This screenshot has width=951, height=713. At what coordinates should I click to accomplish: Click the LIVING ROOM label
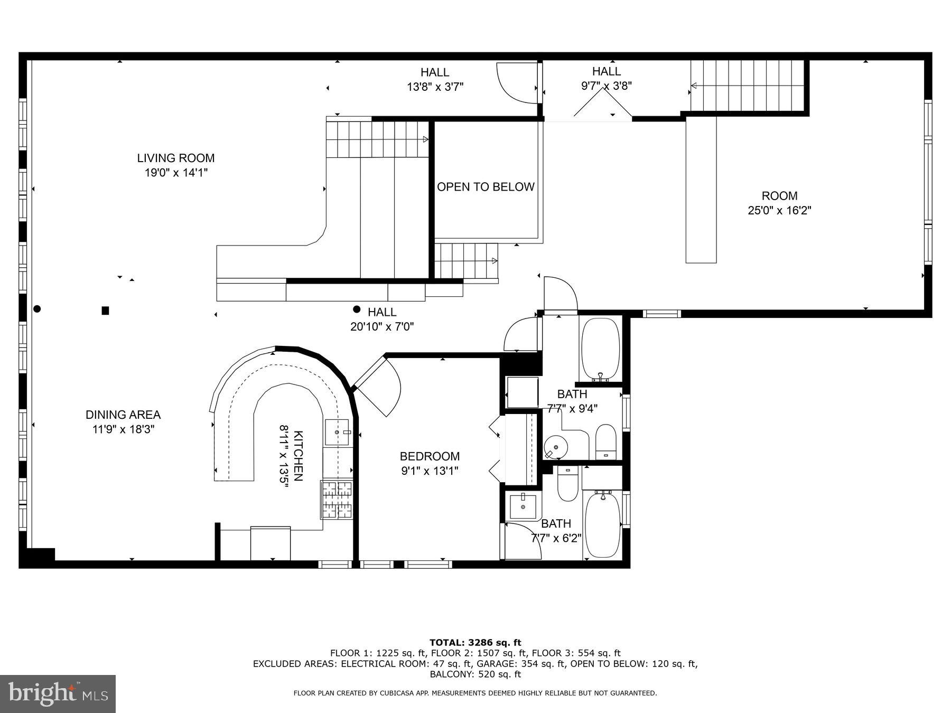(x=175, y=158)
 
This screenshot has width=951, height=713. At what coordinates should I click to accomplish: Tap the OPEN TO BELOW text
(x=485, y=187)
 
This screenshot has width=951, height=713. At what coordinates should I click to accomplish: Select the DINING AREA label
(x=123, y=415)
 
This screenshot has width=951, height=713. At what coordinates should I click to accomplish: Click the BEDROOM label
(x=429, y=456)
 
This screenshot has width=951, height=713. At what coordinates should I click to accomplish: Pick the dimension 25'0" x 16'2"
(x=779, y=210)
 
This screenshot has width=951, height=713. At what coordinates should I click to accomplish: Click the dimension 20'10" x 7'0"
(x=381, y=327)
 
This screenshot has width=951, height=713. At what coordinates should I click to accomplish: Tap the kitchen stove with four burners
(x=337, y=499)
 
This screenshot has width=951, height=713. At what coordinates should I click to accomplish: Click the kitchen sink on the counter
(x=338, y=433)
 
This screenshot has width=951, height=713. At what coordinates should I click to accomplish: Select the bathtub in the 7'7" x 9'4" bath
(x=600, y=349)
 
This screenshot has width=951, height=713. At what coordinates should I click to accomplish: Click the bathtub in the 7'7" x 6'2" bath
(x=602, y=525)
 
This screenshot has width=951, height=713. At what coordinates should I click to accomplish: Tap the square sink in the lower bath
(x=523, y=506)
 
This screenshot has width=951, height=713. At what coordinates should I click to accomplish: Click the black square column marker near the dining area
(x=105, y=311)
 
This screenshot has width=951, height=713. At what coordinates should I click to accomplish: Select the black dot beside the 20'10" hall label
(x=357, y=309)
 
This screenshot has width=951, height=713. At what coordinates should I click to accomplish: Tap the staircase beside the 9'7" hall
(x=748, y=86)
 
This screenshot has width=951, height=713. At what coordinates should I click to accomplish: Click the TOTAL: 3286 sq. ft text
(x=475, y=642)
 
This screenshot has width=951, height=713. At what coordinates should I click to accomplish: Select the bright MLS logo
(x=58, y=693)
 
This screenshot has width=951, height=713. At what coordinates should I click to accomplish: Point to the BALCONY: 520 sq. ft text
(x=475, y=674)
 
